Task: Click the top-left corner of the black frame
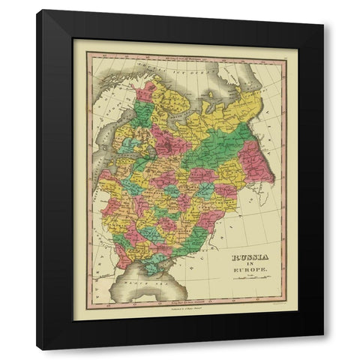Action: (37, 11)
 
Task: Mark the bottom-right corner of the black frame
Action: (323, 349)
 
